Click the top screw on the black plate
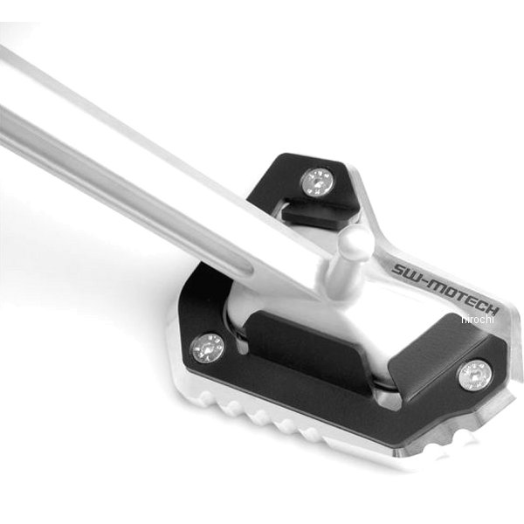click(x=318, y=183)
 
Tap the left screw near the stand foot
click(x=208, y=348)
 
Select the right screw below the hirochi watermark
click(x=475, y=375)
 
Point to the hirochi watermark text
click(x=477, y=319)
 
